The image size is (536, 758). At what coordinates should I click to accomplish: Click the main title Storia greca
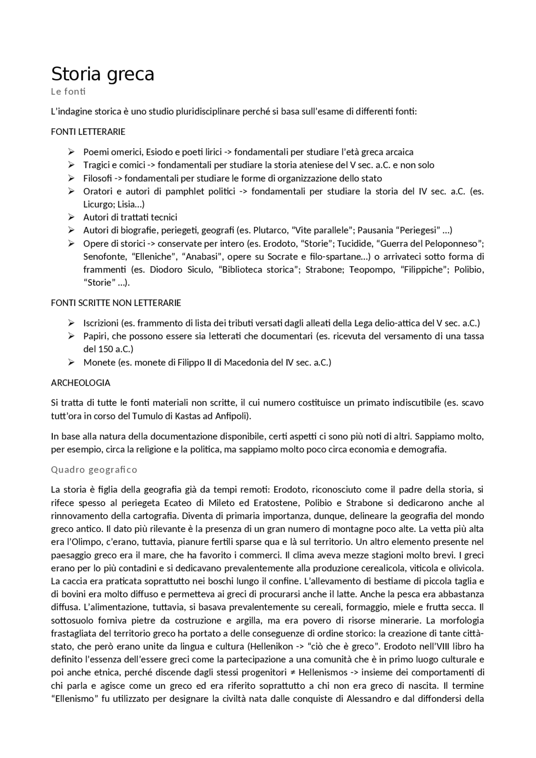point(103,74)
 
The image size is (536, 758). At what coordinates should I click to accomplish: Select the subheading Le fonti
point(68,91)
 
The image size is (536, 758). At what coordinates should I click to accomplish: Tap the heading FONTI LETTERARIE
point(88,132)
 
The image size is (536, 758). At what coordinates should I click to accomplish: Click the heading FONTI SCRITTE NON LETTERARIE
point(116,303)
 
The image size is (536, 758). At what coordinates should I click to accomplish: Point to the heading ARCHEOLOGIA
point(80,383)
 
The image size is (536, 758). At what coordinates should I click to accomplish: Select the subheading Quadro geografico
point(94,470)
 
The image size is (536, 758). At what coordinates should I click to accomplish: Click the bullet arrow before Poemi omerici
point(71,152)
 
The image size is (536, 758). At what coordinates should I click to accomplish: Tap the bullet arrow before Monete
point(71,362)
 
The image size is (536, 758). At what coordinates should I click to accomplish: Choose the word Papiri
point(95,336)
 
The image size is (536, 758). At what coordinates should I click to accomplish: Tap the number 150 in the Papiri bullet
point(106,349)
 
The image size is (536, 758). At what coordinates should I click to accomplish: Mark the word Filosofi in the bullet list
point(97,178)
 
